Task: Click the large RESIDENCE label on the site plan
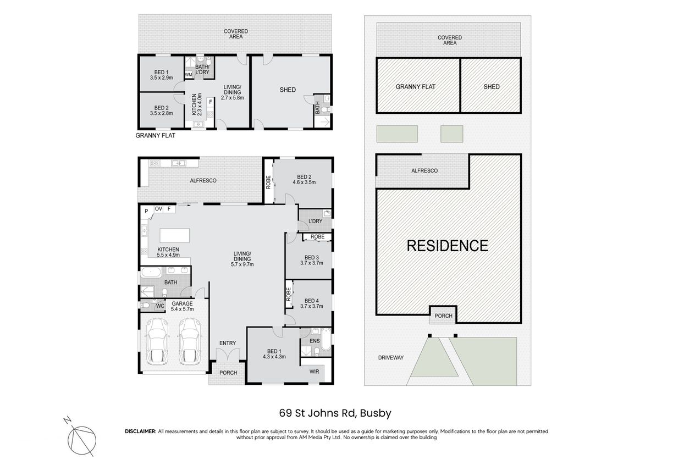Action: [448, 246]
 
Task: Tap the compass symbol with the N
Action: [82, 441]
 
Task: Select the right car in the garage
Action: [190, 341]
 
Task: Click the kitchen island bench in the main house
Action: [174, 235]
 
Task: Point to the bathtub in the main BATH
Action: [151, 273]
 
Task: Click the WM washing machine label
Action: [189, 75]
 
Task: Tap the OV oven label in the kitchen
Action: [158, 209]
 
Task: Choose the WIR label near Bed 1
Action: [315, 372]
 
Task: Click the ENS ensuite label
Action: [315, 341]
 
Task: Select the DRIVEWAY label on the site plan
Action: [391, 358]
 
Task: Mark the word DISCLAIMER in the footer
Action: [141, 431]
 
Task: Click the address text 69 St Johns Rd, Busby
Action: [335, 413]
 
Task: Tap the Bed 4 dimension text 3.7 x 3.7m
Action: [312, 306]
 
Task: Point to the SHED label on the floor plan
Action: [288, 90]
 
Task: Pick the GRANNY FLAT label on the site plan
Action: [416, 87]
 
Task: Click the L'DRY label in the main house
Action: [316, 222]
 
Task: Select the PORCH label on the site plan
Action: [444, 316]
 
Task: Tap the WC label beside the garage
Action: [160, 306]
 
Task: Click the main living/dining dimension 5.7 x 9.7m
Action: [242, 264]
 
